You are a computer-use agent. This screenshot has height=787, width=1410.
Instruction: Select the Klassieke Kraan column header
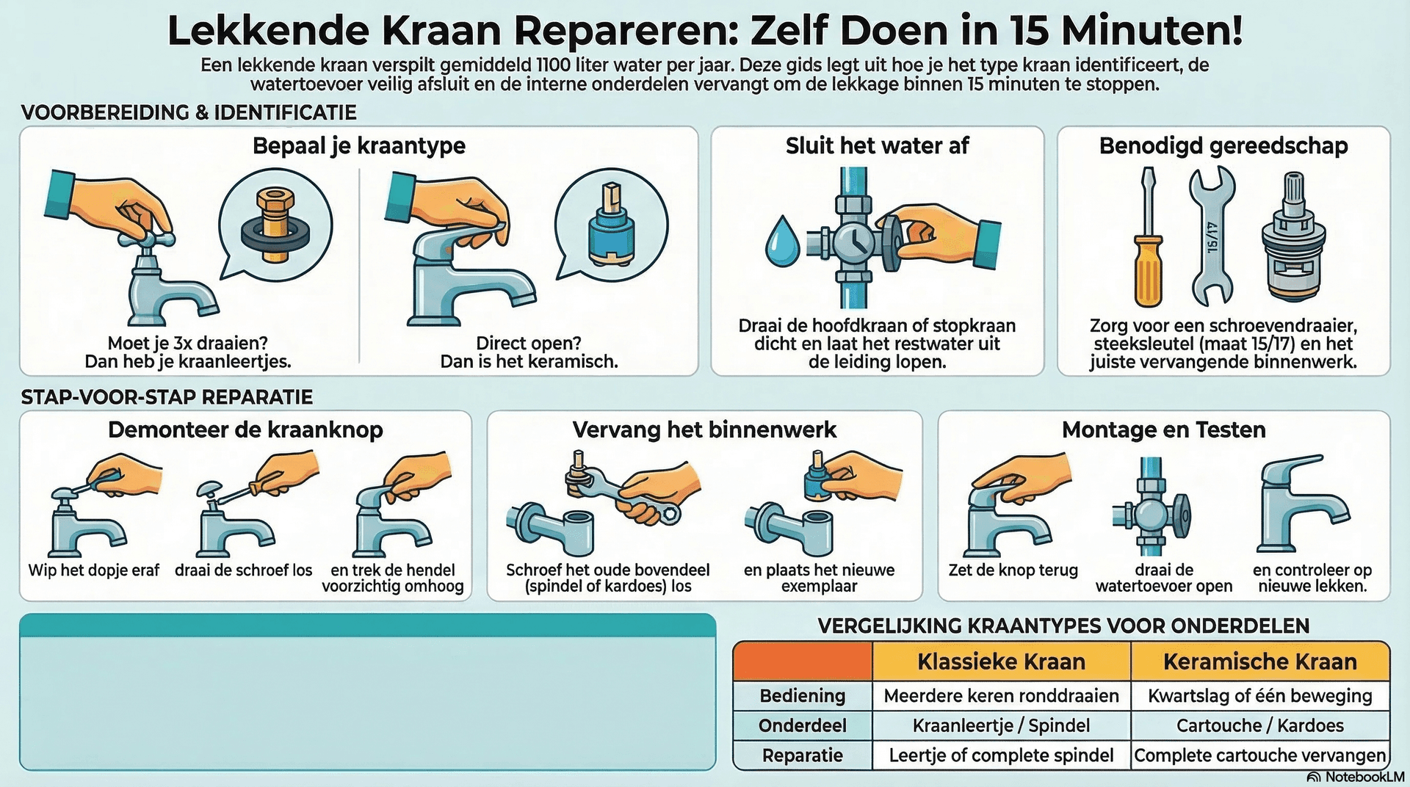coord(1001,661)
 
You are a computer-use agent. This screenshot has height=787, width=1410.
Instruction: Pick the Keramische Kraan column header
coord(1259,661)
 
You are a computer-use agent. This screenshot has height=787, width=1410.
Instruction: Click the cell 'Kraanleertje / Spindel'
coord(1001,725)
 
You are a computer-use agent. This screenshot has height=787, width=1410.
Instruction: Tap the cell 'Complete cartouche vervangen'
coord(1259,755)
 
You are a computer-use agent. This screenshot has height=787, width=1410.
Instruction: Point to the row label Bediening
coord(802,695)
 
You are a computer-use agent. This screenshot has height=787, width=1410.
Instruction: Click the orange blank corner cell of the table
coord(802,661)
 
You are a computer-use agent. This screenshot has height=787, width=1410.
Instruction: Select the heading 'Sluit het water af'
coord(877,145)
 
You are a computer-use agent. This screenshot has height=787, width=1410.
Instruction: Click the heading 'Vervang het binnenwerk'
coord(704,429)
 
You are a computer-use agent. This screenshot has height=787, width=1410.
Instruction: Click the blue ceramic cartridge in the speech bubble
coord(610,224)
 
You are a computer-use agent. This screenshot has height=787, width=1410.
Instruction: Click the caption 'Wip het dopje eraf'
coord(94,570)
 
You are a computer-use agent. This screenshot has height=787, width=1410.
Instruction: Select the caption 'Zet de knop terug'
coord(1013,570)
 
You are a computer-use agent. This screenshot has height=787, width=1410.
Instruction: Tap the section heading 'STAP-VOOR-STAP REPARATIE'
coord(167,397)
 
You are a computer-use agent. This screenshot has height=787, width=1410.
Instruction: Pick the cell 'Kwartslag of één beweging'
coord(1259,695)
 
